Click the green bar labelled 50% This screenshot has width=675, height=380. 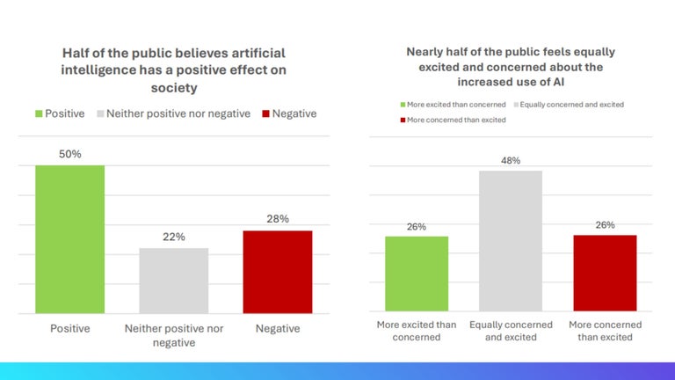pos(69,239)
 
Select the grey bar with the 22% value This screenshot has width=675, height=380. pos(173,281)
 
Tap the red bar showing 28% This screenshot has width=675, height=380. pos(277,272)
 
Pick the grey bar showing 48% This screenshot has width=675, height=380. pos(511,241)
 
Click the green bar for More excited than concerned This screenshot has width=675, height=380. pos(417,274)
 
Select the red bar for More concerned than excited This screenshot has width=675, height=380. pos(605,273)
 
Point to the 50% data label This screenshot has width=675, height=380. pos(69,154)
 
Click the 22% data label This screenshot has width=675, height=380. pos(173,237)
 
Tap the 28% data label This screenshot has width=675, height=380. pos(277,219)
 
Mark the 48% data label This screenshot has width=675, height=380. pos(511,160)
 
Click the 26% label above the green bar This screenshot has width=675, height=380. pos(417,226)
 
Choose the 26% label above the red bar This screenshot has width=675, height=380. pos(605,224)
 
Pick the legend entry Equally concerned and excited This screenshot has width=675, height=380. pos(571,105)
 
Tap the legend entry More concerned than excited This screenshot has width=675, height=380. pos(456,120)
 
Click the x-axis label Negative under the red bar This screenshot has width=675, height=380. pos(277,328)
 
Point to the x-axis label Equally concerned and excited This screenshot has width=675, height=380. pos(511,331)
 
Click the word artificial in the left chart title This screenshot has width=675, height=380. pos(256,54)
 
